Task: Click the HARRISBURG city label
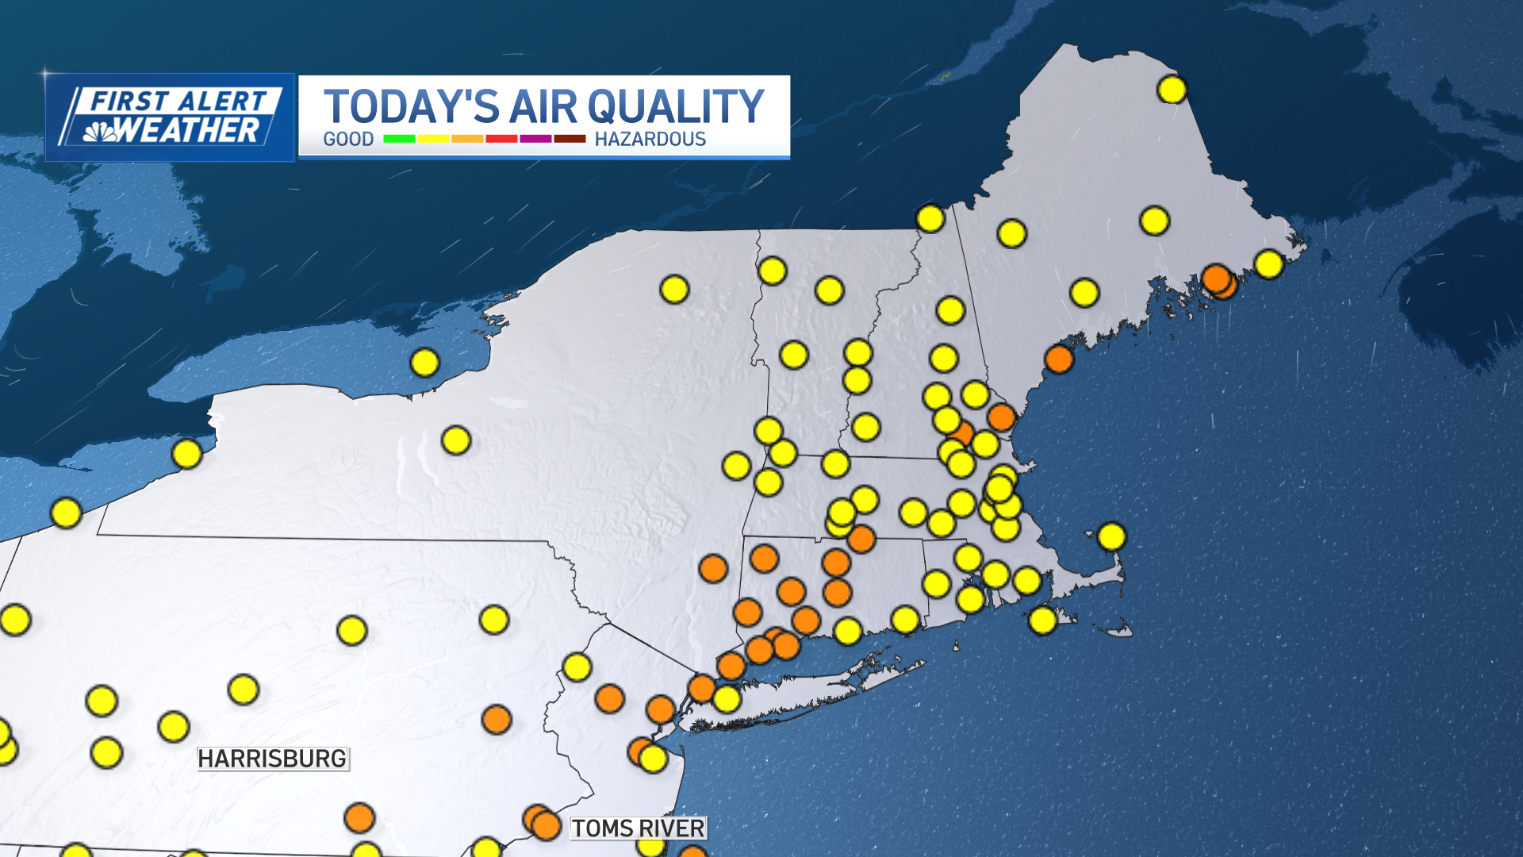(x=272, y=759)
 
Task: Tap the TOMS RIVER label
(x=638, y=828)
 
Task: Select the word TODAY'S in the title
(x=411, y=106)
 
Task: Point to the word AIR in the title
(x=543, y=106)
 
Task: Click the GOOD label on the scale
(x=348, y=139)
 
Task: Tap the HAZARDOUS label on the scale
(x=650, y=139)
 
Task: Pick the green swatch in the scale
(x=399, y=139)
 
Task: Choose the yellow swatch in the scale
(x=433, y=139)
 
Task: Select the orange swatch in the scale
(x=467, y=139)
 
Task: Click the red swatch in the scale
(x=501, y=139)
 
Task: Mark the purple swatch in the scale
(x=535, y=139)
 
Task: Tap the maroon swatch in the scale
(x=570, y=139)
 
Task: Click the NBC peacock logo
(x=100, y=132)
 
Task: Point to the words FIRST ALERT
(x=178, y=102)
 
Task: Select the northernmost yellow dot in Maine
(x=1172, y=90)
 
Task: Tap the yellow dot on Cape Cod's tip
(x=1111, y=536)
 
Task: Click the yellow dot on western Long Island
(x=727, y=699)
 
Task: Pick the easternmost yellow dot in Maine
(x=1268, y=263)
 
